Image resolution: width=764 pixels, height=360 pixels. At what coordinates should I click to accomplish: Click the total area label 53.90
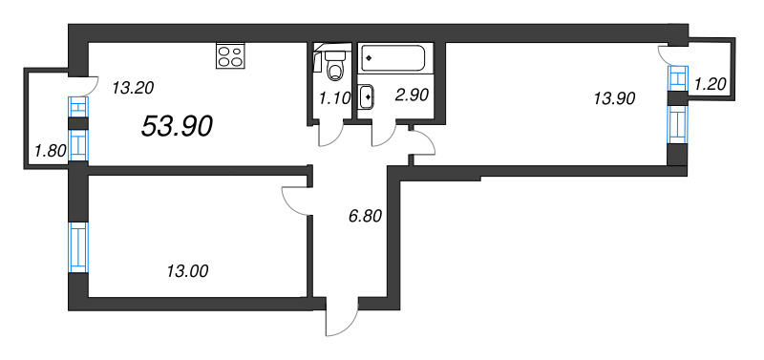click(x=177, y=125)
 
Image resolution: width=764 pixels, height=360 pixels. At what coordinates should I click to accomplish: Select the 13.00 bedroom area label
click(x=186, y=271)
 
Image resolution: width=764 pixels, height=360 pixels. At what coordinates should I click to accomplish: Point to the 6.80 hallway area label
click(x=365, y=216)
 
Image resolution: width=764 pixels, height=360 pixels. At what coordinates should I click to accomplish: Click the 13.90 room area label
click(x=614, y=96)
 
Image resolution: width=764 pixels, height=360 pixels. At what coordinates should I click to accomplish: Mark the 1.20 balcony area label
click(x=711, y=84)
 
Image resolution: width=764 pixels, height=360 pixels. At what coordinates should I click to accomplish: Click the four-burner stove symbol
click(x=229, y=56)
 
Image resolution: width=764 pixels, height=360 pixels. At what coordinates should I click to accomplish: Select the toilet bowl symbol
click(x=333, y=66)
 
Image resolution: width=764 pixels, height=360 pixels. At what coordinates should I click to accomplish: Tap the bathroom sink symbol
click(x=368, y=95)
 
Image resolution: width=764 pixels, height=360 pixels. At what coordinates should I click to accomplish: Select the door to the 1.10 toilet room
click(x=330, y=134)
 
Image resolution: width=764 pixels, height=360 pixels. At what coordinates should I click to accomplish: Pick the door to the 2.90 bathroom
click(x=386, y=135)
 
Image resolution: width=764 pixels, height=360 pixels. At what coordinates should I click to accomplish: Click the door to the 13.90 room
click(x=421, y=145)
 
